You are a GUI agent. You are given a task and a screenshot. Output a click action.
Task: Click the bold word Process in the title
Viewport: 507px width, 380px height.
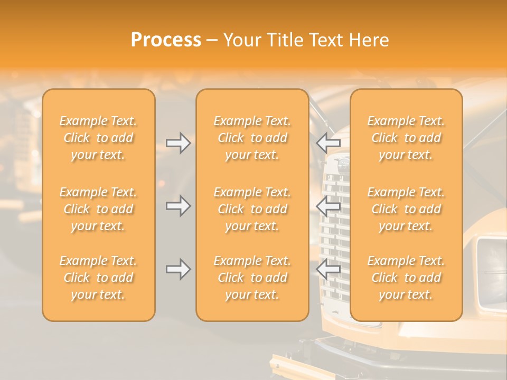pos(166,40)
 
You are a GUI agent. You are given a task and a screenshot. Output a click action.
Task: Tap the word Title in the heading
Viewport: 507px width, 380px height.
pos(284,40)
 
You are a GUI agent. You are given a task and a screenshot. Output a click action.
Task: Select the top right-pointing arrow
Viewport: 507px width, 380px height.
pos(179,143)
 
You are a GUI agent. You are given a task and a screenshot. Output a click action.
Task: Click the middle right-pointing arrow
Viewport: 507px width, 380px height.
pos(179,205)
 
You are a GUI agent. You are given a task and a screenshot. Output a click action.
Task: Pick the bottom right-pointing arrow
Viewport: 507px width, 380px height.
pos(179,269)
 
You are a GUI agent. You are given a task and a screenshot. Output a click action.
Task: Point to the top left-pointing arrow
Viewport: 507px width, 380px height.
pos(328,141)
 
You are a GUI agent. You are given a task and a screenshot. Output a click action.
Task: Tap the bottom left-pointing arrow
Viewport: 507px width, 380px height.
pos(328,269)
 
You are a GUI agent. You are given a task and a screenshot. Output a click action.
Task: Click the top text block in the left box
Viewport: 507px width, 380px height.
pos(98,138)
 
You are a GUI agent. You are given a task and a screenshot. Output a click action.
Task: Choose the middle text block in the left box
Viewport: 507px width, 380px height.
pos(98,209)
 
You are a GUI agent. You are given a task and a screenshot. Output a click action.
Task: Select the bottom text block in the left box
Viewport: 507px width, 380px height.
pos(98,278)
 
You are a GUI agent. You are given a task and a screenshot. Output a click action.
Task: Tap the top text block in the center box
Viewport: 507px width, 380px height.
pos(252,138)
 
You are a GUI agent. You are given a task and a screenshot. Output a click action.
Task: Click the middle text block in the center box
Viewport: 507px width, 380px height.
pos(252,209)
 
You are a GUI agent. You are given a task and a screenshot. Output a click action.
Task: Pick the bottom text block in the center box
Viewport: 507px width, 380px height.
pos(252,278)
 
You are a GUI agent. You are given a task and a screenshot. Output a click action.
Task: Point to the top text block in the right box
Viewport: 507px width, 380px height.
pos(406,138)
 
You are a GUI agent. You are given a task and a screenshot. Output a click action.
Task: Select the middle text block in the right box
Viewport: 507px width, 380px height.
pos(406,209)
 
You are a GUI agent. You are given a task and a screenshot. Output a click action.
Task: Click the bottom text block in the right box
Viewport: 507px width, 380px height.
pos(406,278)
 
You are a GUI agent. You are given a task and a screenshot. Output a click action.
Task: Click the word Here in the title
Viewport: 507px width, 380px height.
pos(369,40)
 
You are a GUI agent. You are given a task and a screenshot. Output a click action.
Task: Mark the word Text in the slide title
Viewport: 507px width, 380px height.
pos(327,40)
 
